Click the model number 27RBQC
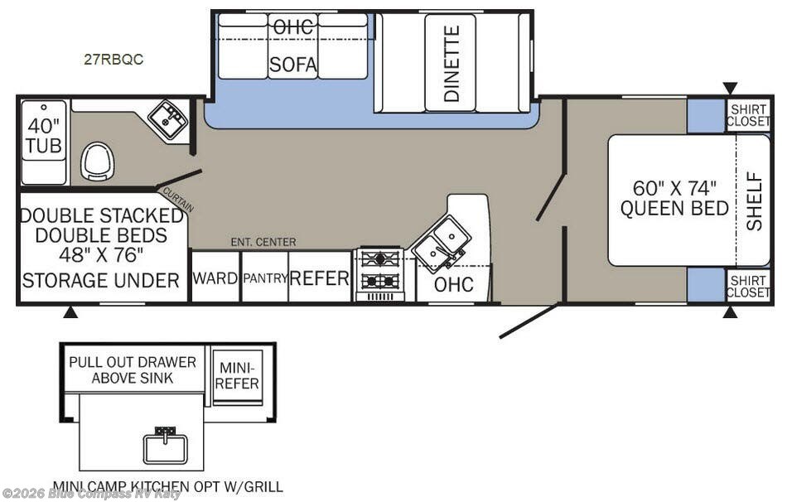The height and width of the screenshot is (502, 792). [113, 60]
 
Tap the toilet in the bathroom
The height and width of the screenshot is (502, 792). [98, 161]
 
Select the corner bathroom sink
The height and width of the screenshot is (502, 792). [168, 118]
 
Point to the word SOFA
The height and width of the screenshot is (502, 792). [293, 65]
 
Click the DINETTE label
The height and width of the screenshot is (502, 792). [451, 64]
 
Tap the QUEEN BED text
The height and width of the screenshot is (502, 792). [674, 208]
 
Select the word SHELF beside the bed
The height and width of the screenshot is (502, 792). [754, 201]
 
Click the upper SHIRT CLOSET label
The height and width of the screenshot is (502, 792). [748, 116]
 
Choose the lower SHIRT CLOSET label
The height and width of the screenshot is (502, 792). [748, 287]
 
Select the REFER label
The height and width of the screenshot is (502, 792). [319, 278]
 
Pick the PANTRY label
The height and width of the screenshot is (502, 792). [265, 278]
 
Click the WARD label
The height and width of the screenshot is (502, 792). [215, 278]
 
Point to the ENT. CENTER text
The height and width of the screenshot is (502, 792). [263, 243]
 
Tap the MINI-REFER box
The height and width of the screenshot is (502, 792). [237, 376]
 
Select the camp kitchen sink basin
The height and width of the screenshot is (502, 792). [165, 448]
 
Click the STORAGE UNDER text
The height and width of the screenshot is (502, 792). [101, 280]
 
